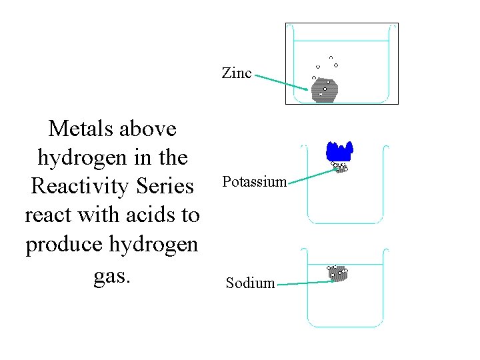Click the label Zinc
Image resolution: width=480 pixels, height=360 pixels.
tap(237, 73)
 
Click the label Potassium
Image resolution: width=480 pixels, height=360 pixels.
tap(254, 182)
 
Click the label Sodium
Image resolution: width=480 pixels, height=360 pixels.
tap(250, 283)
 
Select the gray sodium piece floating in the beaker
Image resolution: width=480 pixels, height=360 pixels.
tap(338, 273)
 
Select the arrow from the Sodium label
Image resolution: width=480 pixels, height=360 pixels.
tap(305, 283)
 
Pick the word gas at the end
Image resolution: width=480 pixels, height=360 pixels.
tap(111, 274)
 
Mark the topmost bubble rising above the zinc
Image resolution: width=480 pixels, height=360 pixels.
tap(331, 57)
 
